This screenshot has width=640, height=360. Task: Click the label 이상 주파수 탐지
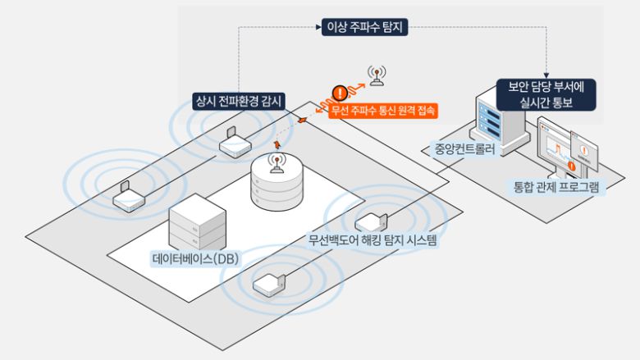click(362, 28)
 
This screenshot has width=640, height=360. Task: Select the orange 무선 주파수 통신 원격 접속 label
click(382, 110)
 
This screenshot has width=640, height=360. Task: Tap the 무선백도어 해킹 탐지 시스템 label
click(373, 241)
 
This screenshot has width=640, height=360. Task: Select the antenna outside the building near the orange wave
click(376, 75)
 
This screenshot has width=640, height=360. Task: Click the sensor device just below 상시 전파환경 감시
click(234, 144)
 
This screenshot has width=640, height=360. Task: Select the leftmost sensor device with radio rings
click(127, 198)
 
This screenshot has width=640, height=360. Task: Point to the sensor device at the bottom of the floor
click(269, 285)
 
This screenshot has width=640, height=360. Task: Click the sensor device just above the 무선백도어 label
click(369, 221)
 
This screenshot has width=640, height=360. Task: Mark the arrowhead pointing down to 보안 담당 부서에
click(547, 71)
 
